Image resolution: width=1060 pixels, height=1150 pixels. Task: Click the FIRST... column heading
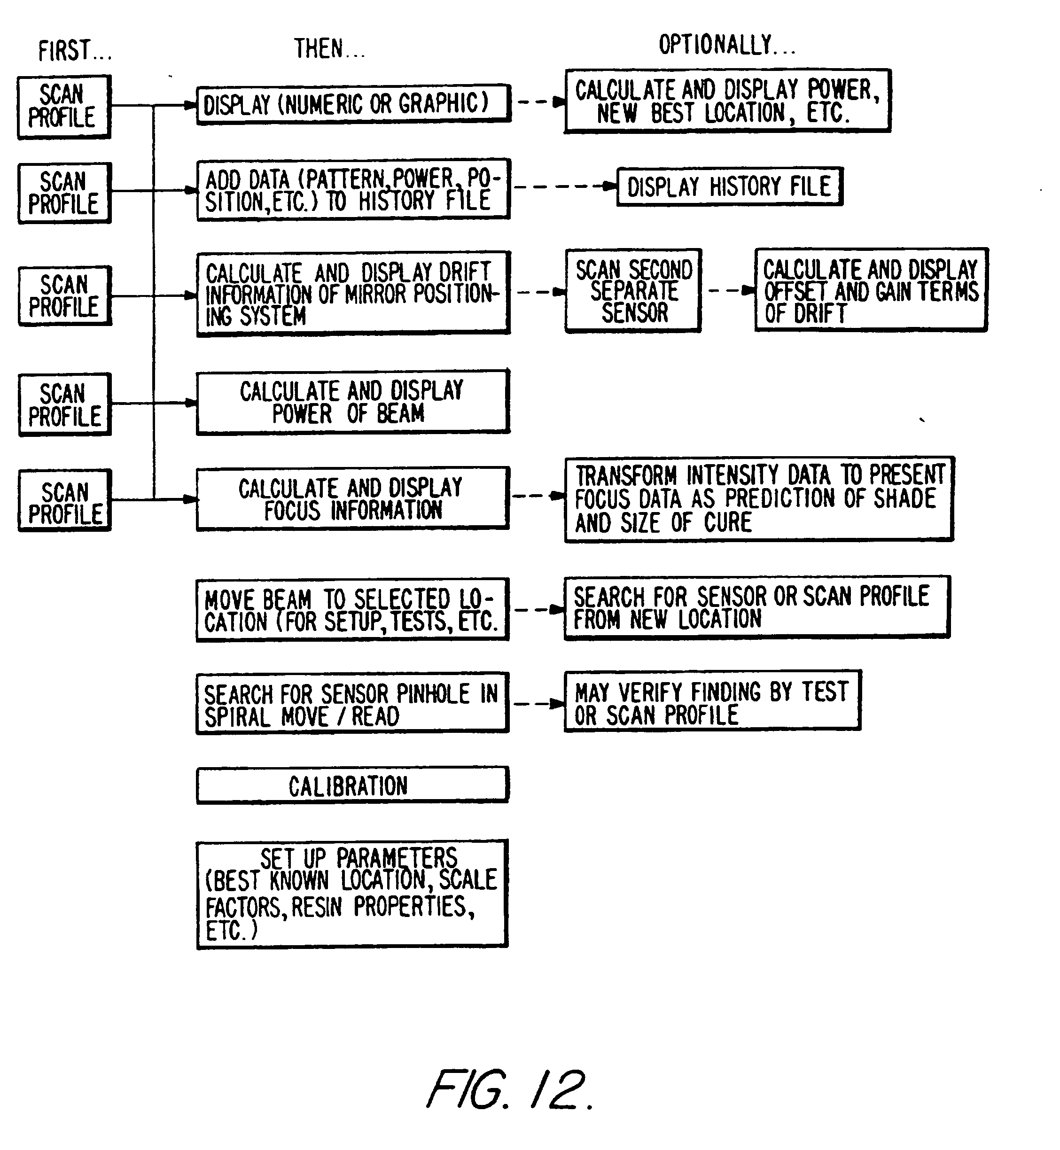click(75, 50)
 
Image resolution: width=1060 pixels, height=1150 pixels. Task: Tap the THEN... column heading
click(329, 48)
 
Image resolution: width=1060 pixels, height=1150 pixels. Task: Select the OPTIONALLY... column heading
click(727, 45)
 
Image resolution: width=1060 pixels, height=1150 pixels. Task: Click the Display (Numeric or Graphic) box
click(353, 104)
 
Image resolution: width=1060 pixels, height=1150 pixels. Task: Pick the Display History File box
click(730, 186)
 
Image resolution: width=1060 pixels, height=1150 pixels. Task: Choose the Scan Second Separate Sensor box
click(633, 291)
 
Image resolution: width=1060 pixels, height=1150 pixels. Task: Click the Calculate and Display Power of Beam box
click(352, 402)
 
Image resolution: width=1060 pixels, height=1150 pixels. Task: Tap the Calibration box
click(352, 785)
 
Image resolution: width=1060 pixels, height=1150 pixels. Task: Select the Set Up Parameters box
click(352, 894)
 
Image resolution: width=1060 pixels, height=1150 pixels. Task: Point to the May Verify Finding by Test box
click(712, 701)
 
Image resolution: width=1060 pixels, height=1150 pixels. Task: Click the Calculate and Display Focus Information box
click(352, 498)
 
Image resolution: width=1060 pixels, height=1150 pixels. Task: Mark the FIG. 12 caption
click(509, 1089)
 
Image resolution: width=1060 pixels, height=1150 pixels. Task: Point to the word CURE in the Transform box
click(728, 522)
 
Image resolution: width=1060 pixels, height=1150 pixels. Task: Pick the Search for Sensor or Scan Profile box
click(757, 607)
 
